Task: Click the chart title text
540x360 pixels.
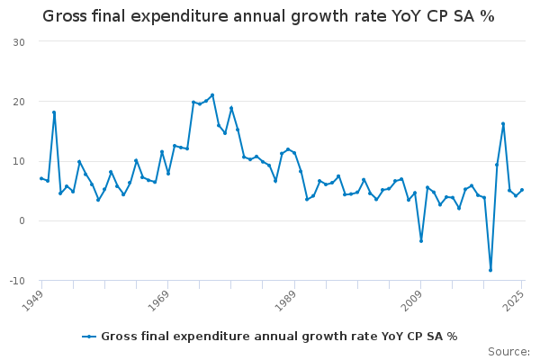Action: pos(268,16)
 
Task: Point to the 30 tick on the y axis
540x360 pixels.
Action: pos(19,42)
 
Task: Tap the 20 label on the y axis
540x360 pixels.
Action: pos(19,102)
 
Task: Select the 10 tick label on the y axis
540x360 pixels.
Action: pos(19,161)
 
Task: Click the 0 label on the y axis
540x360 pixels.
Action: pos(22,220)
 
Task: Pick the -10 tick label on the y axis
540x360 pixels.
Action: pos(17,281)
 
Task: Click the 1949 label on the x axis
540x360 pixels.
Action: pos(33,301)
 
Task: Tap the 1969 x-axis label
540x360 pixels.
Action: pos(159,301)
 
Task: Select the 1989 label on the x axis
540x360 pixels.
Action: pos(286,301)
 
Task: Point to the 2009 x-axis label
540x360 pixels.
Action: pos(412,301)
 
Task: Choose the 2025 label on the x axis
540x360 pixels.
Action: pos(514,301)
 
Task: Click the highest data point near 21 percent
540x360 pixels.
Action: pos(212,95)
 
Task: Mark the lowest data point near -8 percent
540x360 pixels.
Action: pos(490,270)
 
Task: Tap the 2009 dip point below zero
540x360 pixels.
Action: pos(421,241)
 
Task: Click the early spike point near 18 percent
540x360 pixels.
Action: pos(54,112)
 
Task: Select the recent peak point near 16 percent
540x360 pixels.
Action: pos(503,123)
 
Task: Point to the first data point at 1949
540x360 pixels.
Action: pos(41,178)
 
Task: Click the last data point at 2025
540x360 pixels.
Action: pos(522,190)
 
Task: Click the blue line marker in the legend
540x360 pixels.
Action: pos(89,337)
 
